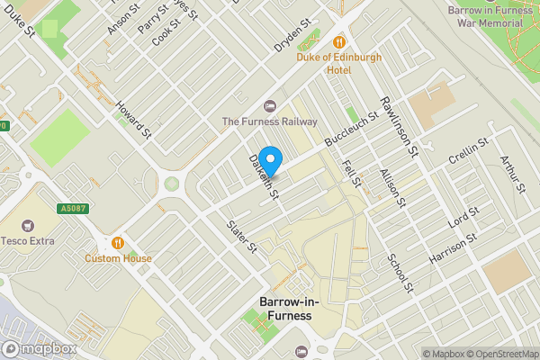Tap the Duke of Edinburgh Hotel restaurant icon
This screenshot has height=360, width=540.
click(339, 41)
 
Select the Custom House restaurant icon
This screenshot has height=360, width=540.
click(118, 242)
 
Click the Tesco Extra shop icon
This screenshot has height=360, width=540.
click(26, 224)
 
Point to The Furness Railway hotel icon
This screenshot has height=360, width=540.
click(269, 105)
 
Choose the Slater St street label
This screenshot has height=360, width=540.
click(242, 236)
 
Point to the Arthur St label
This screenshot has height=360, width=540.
click(512, 173)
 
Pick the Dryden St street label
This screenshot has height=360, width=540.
click(292, 35)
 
